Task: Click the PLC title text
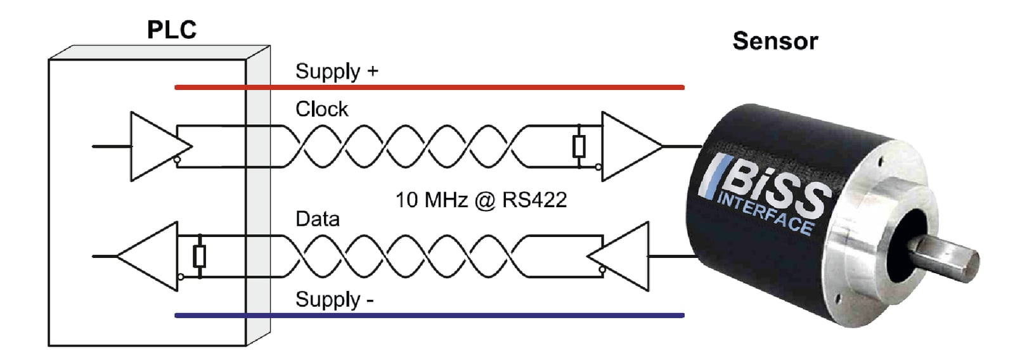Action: pos(171,30)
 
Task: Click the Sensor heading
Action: pos(775,41)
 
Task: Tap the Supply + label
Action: pos(336,71)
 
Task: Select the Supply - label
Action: pos(333,299)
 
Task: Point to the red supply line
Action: pos(429,87)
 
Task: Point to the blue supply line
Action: pos(429,315)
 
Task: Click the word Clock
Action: pos(321,109)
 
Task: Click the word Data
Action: pos(317,219)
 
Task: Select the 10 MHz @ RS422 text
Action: pos(481,200)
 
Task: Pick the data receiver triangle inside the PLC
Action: pos(152,256)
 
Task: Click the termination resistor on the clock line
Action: pos(578,146)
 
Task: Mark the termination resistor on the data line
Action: pos(200,257)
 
